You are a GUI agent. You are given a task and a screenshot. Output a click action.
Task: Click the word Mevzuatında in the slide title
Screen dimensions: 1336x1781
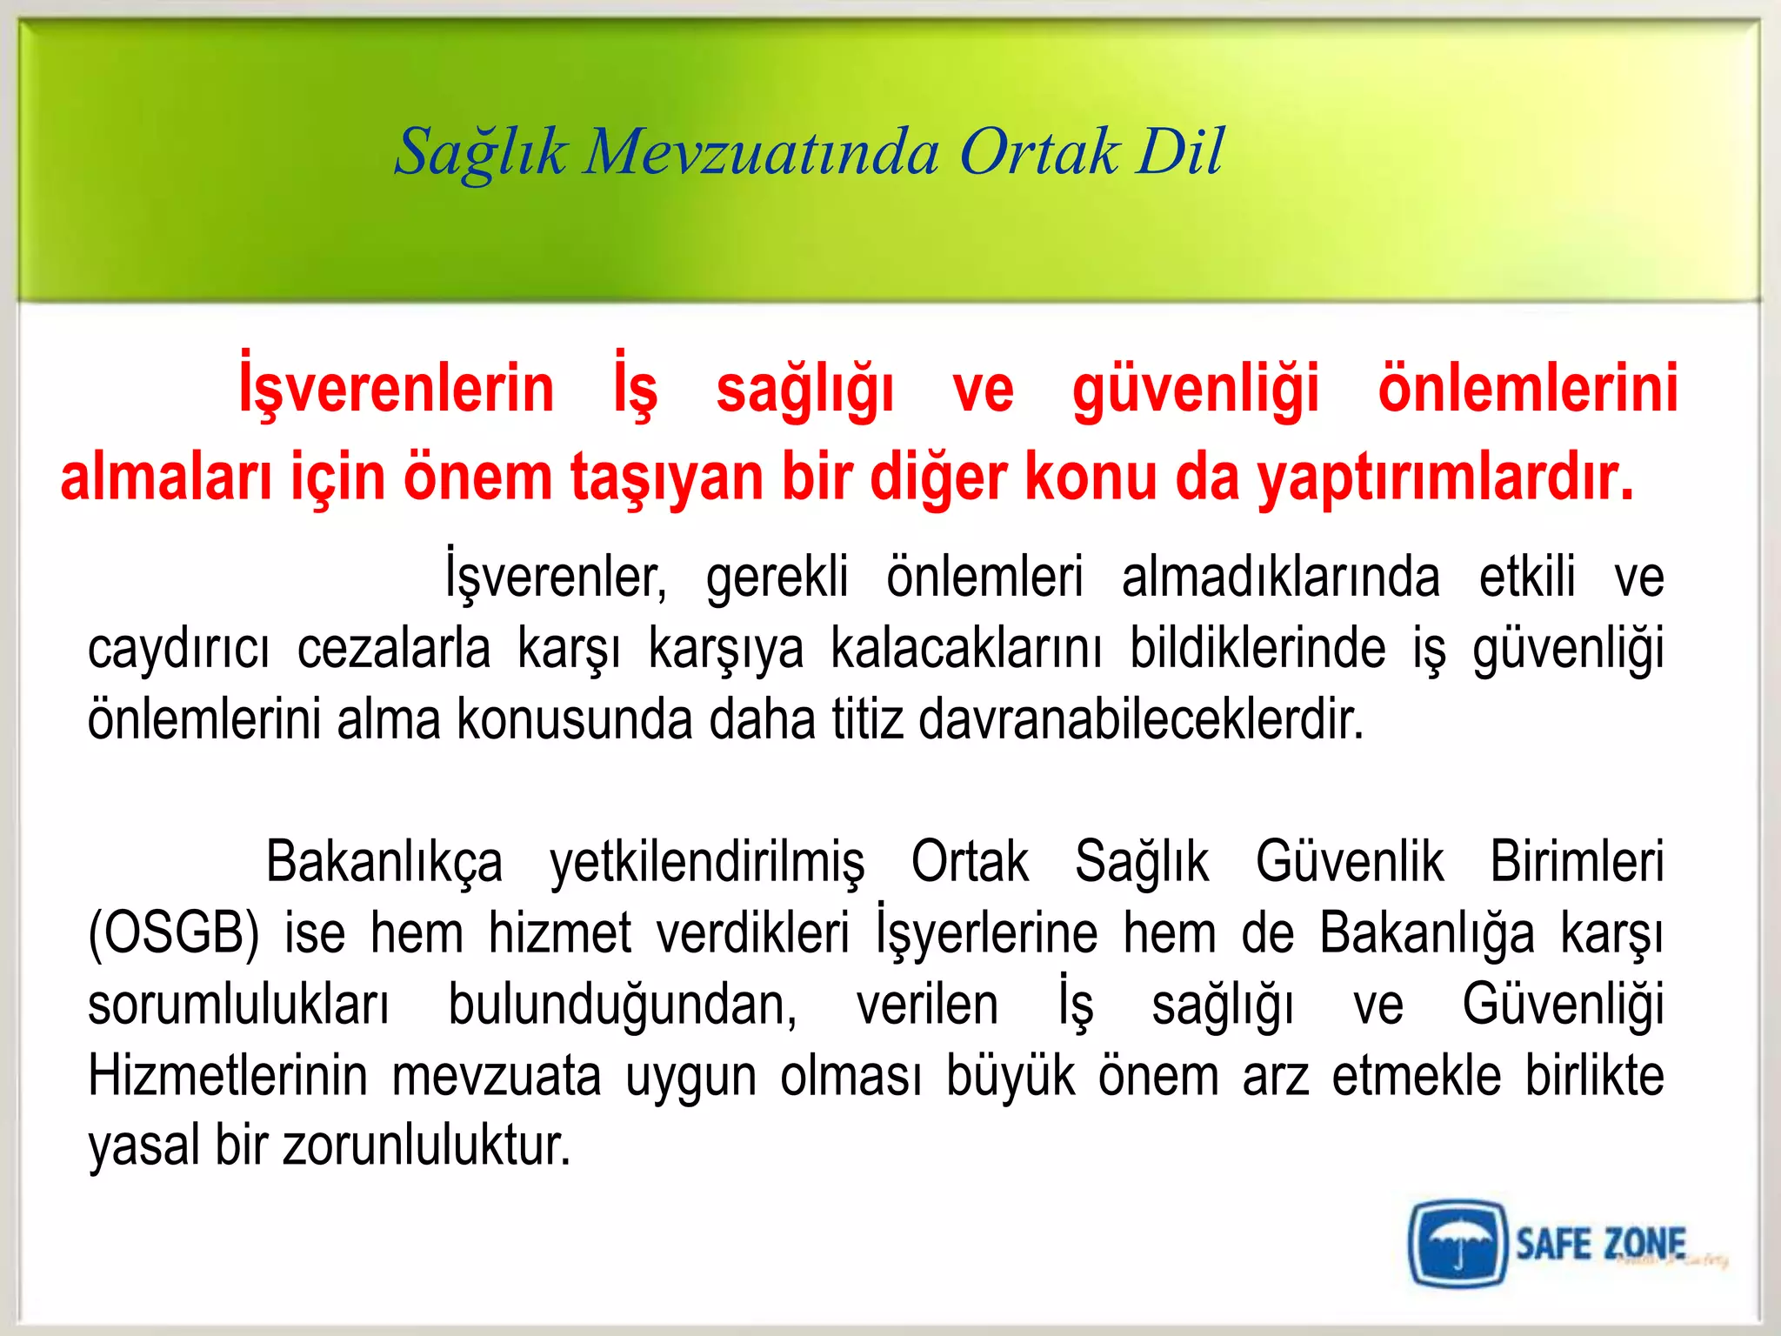point(761,152)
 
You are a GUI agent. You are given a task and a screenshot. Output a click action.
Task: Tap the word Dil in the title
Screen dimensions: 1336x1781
point(1180,152)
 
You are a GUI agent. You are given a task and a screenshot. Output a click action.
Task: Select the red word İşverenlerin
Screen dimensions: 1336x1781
point(397,389)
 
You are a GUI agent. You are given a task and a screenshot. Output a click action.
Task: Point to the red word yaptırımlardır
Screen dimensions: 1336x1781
point(1446,478)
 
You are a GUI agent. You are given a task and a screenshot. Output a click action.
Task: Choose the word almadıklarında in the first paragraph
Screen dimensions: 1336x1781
point(1280,578)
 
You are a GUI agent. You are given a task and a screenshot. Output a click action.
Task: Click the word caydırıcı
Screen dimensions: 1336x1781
point(178,650)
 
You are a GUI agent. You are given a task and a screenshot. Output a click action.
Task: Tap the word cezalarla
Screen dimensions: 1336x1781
point(394,650)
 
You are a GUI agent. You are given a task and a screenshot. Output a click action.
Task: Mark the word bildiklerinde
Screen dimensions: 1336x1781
point(1257,650)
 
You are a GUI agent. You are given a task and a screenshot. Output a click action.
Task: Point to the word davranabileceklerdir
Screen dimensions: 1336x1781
point(1141,720)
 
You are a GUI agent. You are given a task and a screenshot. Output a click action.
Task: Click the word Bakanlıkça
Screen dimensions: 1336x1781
point(384,863)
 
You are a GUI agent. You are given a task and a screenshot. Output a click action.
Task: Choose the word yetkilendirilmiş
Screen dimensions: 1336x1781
point(707,863)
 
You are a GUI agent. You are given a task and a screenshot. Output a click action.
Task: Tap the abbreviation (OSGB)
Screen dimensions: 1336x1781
point(174,934)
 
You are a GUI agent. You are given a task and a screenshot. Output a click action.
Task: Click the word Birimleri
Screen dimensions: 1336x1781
point(1577,863)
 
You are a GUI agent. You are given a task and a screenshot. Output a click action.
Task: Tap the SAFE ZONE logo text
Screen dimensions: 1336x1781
point(1601,1244)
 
